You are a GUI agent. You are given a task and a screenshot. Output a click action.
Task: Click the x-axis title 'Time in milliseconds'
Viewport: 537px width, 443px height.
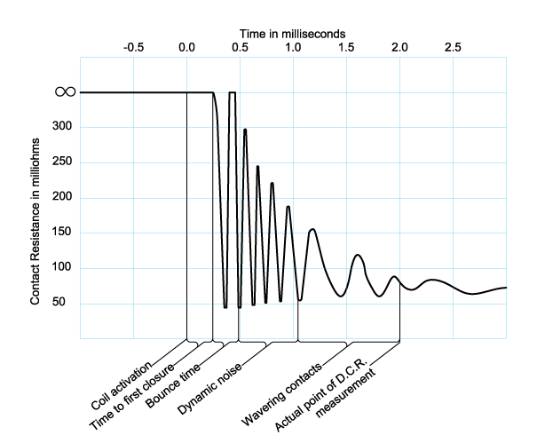click(294, 33)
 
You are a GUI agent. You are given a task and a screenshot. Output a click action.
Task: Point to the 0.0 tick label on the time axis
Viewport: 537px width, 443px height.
click(186, 47)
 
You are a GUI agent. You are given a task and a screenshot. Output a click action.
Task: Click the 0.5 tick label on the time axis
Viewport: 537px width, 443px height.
click(240, 47)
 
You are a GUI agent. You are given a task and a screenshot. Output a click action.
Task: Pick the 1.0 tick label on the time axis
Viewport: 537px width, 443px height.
click(293, 47)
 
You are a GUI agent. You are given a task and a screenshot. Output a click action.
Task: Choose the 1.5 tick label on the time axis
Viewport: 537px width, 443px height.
click(346, 47)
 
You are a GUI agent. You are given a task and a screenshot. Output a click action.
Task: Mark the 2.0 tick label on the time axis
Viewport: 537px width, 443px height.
click(399, 47)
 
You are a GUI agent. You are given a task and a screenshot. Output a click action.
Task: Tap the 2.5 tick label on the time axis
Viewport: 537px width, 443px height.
click(453, 47)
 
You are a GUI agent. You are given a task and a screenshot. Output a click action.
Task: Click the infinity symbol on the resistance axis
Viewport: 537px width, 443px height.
click(65, 91)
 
